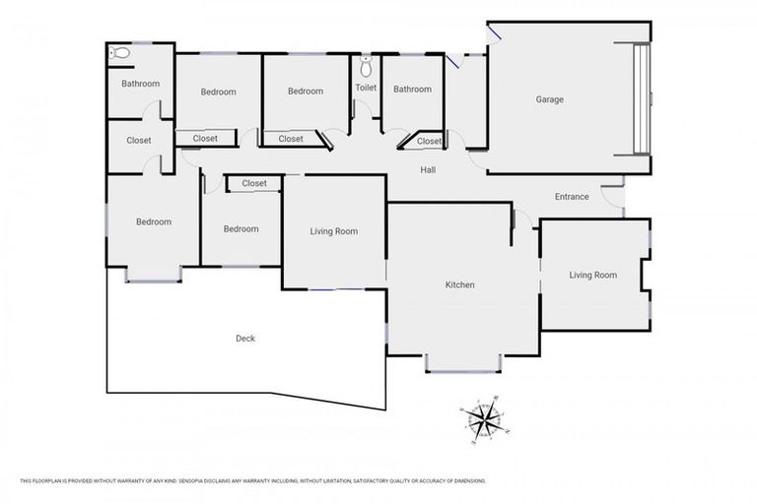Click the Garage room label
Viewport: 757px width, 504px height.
click(549, 99)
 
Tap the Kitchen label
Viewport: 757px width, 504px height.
click(460, 285)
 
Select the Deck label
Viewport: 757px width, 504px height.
click(245, 339)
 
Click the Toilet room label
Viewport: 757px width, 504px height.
click(366, 88)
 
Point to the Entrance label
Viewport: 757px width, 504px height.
click(572, 197)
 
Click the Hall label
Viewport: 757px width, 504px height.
click(428, 170)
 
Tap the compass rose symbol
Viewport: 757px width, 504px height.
click(483, 420)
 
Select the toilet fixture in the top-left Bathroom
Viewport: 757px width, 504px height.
click(119, 54)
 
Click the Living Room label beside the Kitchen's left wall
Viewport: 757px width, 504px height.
click(334, 232)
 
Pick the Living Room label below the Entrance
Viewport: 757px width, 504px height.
click(592, 276)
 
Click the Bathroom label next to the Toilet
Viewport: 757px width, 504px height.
click(412, 90)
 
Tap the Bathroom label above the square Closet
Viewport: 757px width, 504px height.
click(140, 84)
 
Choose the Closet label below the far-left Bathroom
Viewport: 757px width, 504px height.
click(139, 141)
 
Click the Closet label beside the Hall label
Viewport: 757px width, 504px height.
click(430, 142)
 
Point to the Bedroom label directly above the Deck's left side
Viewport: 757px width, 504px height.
click(154, 222)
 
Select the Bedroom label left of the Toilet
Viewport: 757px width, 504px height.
click(306, 92)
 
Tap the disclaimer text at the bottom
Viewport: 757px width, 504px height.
click(252, 481)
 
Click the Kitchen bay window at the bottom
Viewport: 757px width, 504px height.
click(463, 370)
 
